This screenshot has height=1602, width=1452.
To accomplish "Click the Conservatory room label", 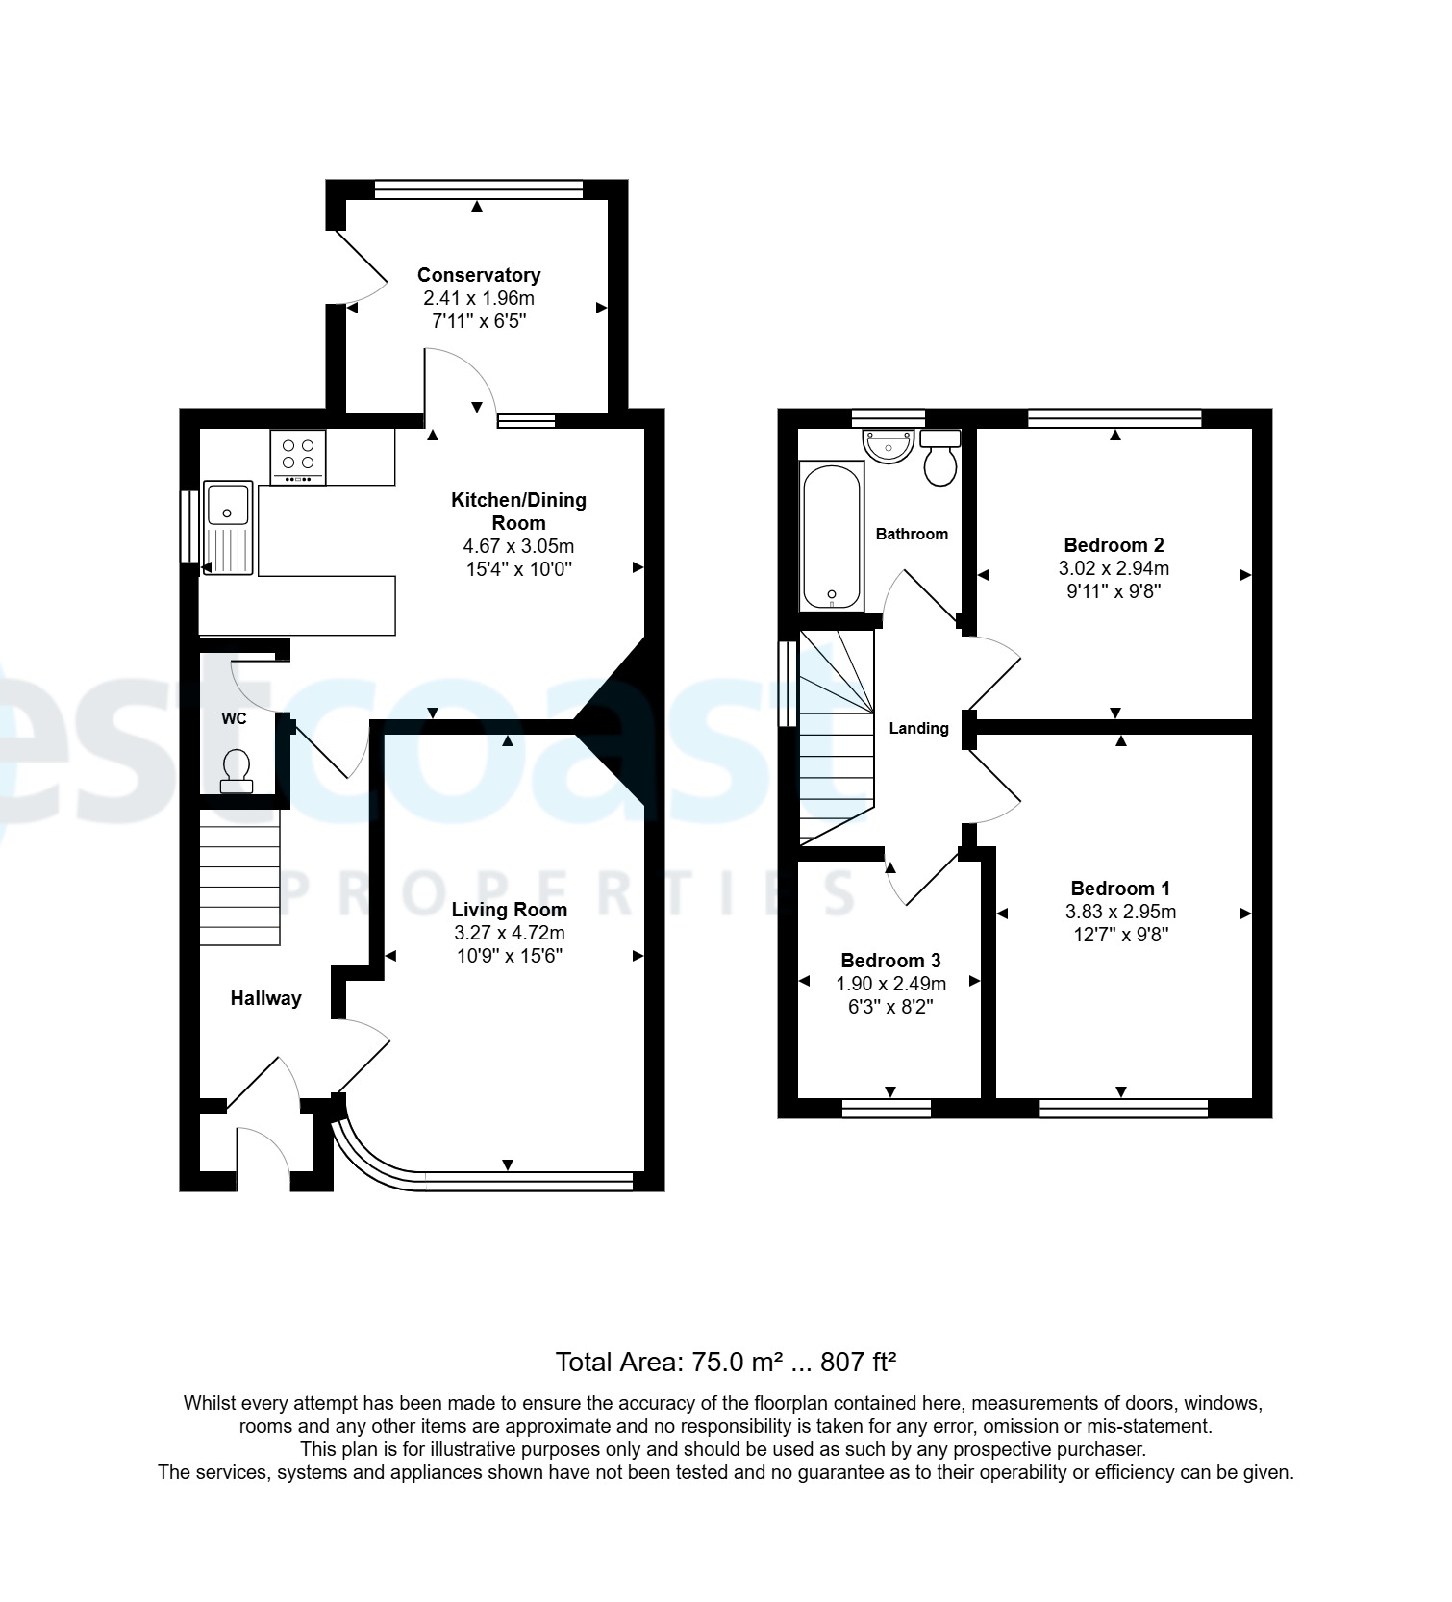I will pos(479,275).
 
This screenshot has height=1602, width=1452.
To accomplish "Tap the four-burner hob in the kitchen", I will pos(298,457).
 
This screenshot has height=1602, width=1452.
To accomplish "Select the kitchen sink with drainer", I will pos(228,528).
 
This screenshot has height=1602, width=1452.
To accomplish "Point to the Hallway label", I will pos(265,998).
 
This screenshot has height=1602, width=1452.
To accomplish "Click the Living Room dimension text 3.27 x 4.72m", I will pos(509,933).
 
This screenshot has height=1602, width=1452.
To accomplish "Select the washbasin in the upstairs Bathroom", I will pos(889,447).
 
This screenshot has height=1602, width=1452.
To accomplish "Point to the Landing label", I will pos(918,728).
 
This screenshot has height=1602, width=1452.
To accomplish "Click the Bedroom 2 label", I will pos(1114,545).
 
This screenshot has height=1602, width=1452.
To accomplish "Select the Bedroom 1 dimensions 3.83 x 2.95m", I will pos(1120,912).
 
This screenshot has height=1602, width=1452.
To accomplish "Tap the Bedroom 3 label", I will pos(890,960).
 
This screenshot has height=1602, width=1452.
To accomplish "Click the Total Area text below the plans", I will pos(726,1362).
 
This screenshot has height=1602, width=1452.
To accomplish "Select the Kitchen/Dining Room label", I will pos(518,512).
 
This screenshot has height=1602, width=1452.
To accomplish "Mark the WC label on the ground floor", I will pos(234,718).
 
